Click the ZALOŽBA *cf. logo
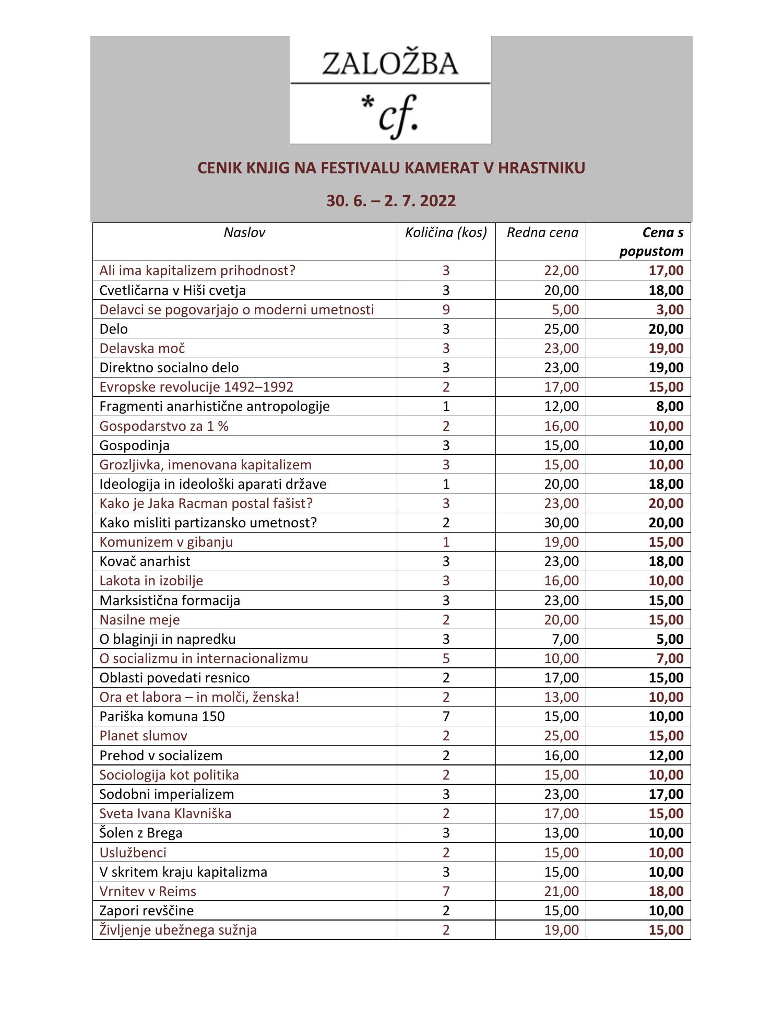pos(390,90)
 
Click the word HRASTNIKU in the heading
pos(541,168)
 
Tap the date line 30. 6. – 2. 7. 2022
pos(391,201)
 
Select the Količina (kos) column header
pos(446,233)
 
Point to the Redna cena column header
pos(542,233)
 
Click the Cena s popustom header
pos(651,242)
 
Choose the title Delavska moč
pos(142,348)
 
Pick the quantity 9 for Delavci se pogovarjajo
pos(446,310)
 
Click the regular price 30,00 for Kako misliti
pos(561,523)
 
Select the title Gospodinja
pos(134,445)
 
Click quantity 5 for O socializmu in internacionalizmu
pos(446,658)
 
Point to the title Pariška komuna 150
pos(162,716)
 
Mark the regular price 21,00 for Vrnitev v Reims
pos(561,891)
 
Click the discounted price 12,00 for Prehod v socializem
pos(666,756)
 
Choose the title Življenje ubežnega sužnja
pos(178,930)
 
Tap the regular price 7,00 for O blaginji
pos(564,639)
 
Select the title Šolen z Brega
pos(141,833)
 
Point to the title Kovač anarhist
pos(145,561)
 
